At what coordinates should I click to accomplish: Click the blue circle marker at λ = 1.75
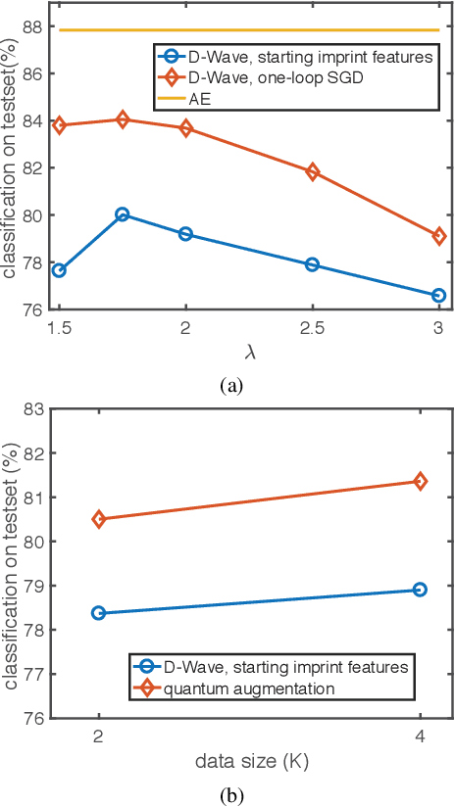123,214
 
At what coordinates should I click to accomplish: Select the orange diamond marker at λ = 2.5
313,172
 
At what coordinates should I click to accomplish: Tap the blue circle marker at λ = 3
438,295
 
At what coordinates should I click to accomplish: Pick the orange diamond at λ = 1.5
59,125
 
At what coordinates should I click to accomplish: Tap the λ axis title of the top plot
248,351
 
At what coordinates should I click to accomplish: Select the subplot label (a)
230,386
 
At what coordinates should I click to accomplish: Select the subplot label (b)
230,794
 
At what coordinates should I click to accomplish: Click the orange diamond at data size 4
420,481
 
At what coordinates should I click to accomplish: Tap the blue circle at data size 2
99,613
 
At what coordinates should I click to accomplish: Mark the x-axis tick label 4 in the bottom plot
420,736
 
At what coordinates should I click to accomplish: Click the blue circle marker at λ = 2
185,234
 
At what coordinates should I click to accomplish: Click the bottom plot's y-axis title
11,563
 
